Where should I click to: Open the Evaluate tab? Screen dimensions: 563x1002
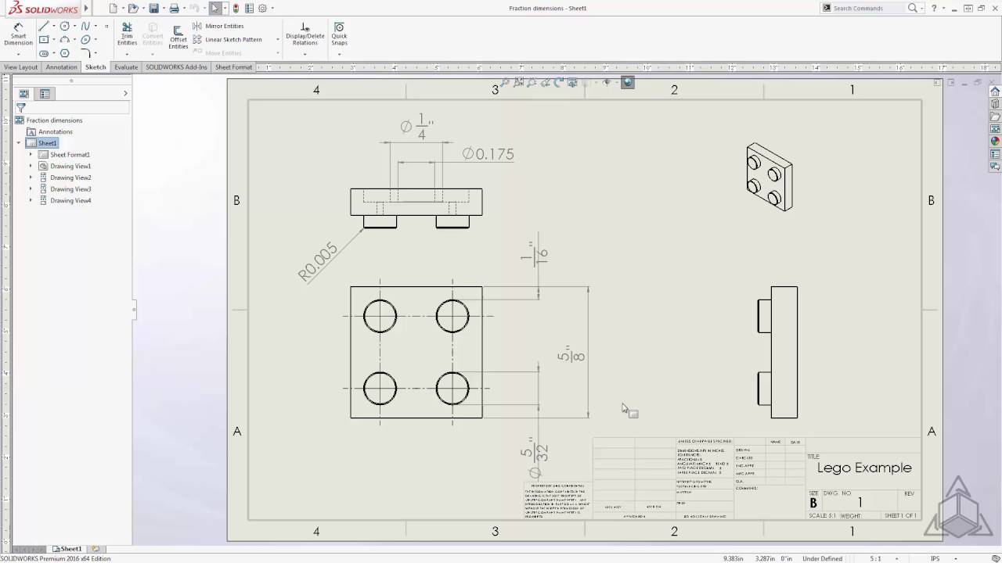tap(126, 67)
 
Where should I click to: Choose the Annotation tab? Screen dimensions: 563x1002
tap(61, 67)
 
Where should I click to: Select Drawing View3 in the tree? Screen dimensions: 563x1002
tap(70, 189)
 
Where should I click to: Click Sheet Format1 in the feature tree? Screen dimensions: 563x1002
tap(70, 155)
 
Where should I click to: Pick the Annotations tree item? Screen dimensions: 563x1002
tap(56, 131)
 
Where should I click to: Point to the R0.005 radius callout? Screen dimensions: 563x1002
tap(318, 261)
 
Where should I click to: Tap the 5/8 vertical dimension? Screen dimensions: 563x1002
tap(571, 356)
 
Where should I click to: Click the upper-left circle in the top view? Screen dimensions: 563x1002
tap(380, 316)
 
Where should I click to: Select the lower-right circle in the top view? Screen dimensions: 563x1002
tap(452, 388)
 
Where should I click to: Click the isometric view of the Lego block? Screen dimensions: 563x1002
tap(769, 177)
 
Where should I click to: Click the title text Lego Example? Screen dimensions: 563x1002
tap(864, 468)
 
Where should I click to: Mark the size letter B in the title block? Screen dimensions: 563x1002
tap(813, 503)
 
